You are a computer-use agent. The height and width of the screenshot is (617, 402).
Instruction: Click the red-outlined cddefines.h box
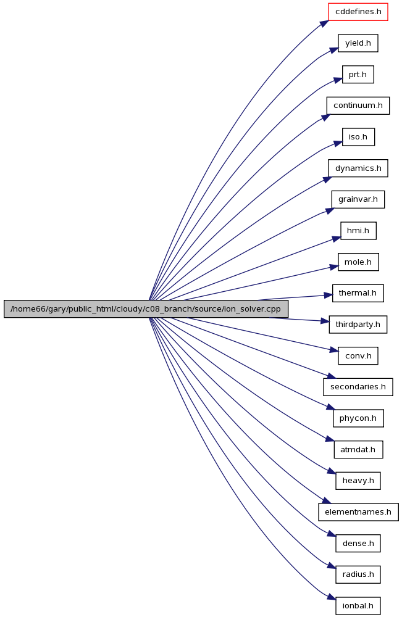coord(358,12)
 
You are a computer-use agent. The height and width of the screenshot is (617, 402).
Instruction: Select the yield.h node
coord(358,43)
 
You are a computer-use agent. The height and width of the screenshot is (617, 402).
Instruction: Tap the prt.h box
coord(358,75)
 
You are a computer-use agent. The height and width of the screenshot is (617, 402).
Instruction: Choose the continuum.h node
coord(358,106)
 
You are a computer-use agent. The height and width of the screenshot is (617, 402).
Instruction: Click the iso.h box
coord(358,137)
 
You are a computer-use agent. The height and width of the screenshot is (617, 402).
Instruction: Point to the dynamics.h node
coord(358,168)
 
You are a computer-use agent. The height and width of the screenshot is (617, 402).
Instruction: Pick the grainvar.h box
coord(358,199)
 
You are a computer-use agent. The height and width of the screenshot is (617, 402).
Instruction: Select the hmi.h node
coord(358,231)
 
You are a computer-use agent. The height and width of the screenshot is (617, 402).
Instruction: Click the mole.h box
coord(358,262)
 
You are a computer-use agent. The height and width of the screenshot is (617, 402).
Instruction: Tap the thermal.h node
coord(358,293)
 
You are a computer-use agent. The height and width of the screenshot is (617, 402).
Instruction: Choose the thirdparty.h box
coord(358,325)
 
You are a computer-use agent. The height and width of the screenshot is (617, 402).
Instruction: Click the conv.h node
coord(358,356)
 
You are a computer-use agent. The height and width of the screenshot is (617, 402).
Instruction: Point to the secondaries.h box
coord(358,387)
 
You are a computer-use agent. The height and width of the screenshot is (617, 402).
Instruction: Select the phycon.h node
coord(358,418)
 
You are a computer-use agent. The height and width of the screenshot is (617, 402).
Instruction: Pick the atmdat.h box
coord(358,449)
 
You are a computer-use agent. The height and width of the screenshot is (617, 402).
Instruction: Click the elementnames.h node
coord(358,512)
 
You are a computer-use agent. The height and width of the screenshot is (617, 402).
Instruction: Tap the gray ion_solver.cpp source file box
coord(146,309)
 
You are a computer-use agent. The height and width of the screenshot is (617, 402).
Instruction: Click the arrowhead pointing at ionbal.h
coord(332,597)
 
